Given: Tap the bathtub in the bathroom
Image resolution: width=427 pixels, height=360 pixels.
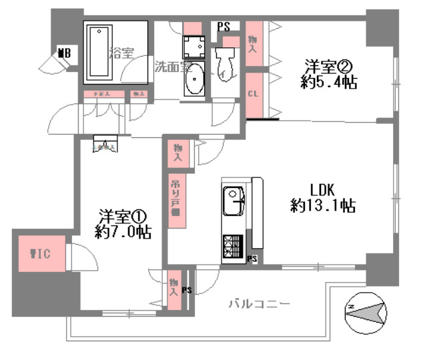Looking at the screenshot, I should (x=99, y=52).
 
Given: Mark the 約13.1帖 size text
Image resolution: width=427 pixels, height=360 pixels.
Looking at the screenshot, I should (x=322, y=206).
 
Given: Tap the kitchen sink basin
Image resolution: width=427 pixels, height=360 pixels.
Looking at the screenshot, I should (x=234, y=198).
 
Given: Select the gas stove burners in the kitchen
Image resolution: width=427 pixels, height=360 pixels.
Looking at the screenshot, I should (x=232, y=247).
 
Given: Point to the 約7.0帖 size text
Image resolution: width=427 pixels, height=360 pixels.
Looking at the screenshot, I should (x=122, y=233).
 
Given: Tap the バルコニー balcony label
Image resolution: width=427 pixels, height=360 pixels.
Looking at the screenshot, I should (x=259, y=304).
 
